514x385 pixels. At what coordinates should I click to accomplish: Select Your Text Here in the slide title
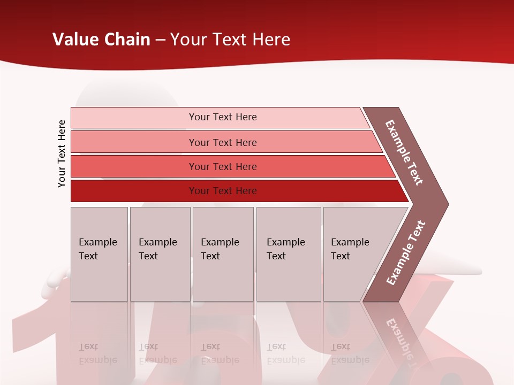click(230, 40)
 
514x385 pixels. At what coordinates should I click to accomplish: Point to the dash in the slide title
click(160, 40)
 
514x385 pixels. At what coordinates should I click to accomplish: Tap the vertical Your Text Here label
click(62, 153)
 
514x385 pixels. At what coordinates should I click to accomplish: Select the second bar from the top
click(222, 142)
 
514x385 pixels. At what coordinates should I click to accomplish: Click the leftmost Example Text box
click(99, 253)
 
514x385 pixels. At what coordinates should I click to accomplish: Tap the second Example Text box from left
click(160, 253)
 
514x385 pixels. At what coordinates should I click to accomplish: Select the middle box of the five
click(223, 253)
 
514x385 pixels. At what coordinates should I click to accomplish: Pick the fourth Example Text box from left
click(288, 253)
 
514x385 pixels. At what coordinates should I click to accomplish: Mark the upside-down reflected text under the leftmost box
click(97, 353)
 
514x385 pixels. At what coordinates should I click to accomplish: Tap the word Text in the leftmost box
click(88, 256)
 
